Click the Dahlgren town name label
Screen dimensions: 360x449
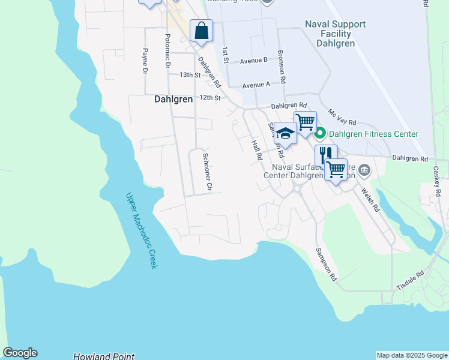point(173,100)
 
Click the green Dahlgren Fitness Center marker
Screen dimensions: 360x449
point(320,133)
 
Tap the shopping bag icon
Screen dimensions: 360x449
point(201,30)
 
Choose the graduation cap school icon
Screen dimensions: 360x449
point(286,133)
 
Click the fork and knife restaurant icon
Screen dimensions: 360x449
point(325,155)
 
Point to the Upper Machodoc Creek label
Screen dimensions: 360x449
point(141,230)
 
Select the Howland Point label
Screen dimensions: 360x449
point(104,356)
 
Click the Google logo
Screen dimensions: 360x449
point(20,353)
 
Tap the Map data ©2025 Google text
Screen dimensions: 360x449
point(411,355)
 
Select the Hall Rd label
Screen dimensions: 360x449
point(257,149)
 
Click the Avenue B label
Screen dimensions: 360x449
point(253,61)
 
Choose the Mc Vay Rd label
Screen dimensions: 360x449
point(342,117)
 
